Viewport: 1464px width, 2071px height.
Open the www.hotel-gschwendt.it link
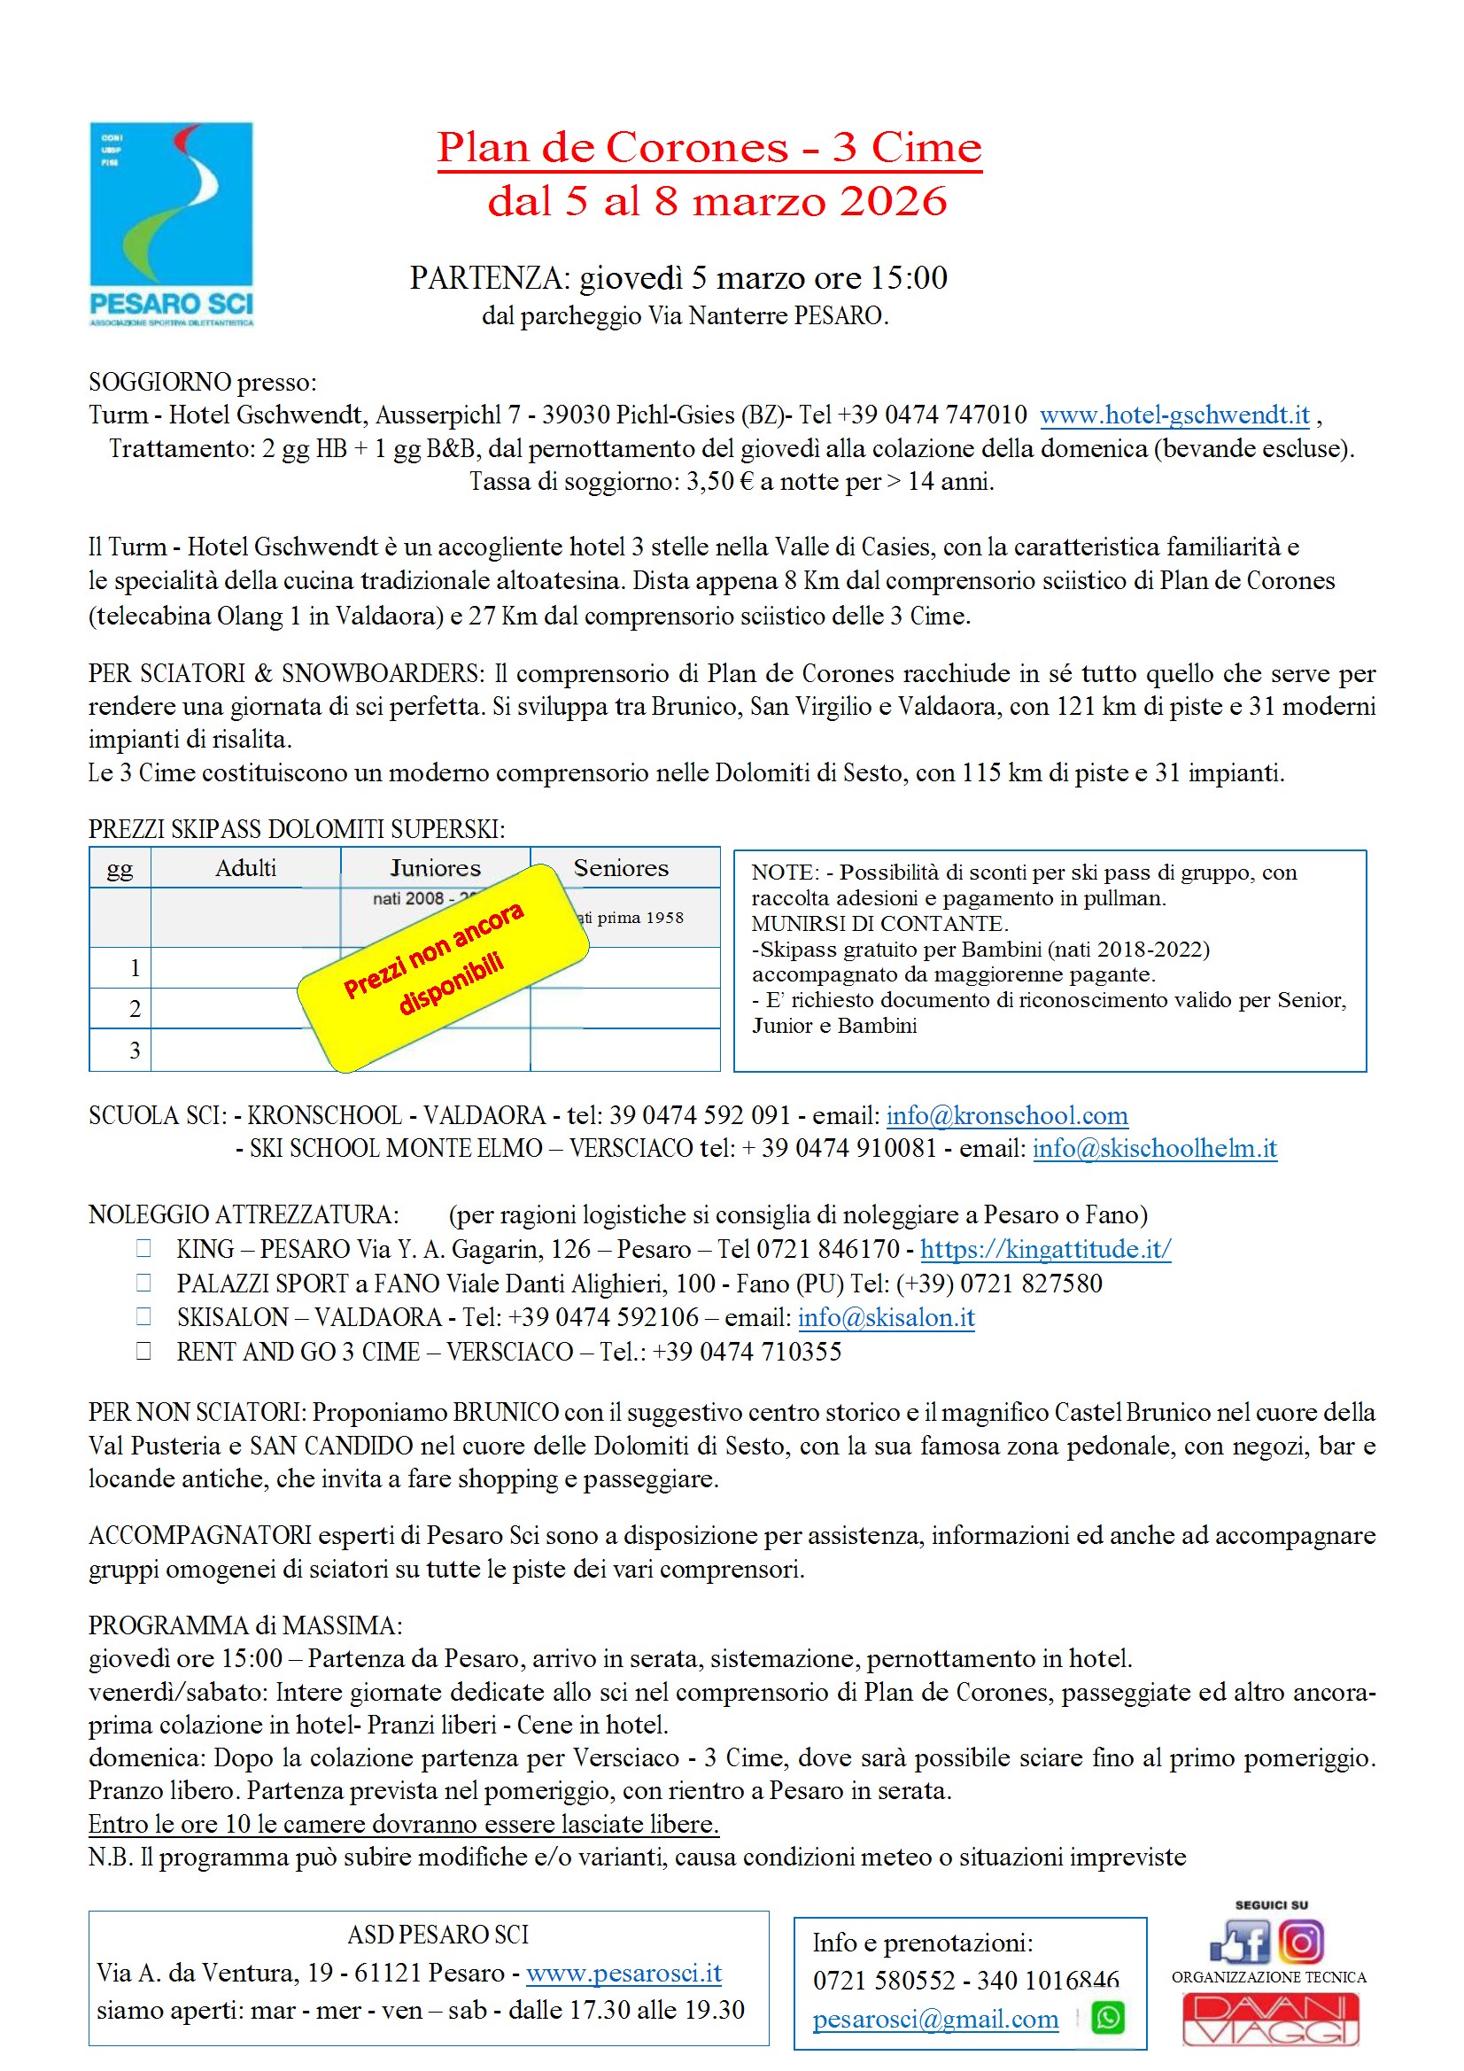pos(1174,415)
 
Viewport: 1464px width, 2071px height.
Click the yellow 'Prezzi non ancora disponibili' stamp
pos(442,967)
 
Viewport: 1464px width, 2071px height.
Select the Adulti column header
pos(245,868)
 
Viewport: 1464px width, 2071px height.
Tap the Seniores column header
pos(621,868)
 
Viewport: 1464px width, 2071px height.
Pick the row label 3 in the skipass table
pos(135,1050)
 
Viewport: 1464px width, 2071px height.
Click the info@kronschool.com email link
pos(1007,1116)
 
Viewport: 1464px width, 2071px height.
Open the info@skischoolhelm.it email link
pos(1155,1148)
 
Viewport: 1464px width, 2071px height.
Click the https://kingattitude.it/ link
pos(1045,1249)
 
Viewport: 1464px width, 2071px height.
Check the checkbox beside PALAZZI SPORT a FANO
pos(143,1282)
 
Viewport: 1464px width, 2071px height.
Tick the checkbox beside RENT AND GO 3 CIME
pos(143,1350)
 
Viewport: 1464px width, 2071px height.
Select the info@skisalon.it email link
pos(886,1318)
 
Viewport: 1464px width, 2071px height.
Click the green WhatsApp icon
pos(1108,2018)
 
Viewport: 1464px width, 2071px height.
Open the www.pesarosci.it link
pos(624,1973)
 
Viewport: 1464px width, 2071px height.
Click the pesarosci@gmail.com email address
pos(935,2019)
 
